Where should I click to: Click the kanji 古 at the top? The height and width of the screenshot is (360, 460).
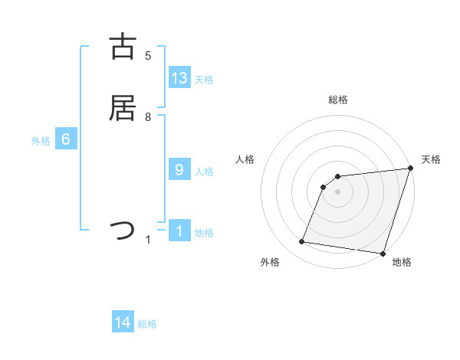pos(123,46)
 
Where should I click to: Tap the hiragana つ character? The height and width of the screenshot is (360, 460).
pos(123,230)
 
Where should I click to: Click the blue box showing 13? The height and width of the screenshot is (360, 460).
pos(179,77)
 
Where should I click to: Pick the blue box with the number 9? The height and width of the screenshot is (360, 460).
pos(179,169)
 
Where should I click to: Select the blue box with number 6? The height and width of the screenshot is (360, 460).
pos(66,139)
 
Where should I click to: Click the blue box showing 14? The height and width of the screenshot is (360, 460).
pos(123,322)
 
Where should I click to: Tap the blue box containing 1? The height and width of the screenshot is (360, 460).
pos(179,231)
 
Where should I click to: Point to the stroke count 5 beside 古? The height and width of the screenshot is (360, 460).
pos(148,55)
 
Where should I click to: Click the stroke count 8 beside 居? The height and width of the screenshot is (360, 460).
pos(148,116)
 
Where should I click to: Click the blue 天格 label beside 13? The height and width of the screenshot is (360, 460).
pos(204,79)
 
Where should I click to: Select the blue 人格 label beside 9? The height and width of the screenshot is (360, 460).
pos(204,171)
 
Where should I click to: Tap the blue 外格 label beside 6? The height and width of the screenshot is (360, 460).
pos(41,141)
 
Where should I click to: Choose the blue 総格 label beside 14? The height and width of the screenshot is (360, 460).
pos(147,324)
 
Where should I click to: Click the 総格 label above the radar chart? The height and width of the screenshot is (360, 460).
pos(337,100)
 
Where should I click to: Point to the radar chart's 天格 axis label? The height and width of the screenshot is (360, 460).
pos(431,159)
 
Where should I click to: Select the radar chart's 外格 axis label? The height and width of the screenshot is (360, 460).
pos(270,262)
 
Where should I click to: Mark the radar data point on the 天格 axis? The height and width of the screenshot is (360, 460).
pos(411,169)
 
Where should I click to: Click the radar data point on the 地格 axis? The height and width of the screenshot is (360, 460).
pos(383,254)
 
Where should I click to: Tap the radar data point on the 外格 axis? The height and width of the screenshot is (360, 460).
pos(302,242)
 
